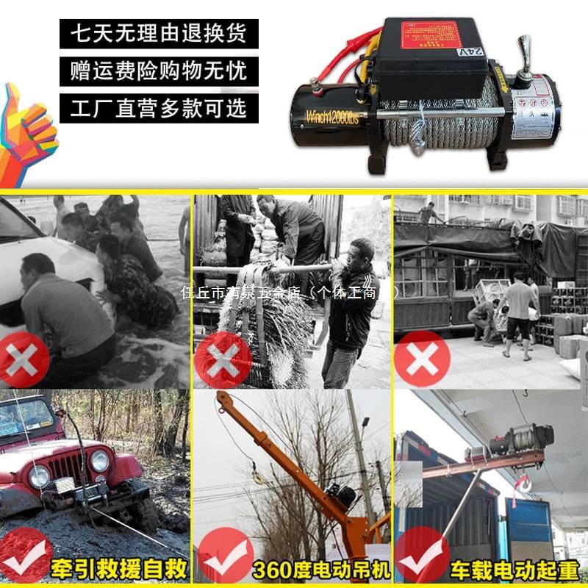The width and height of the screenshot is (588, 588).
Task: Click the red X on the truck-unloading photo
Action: tap(421, 359)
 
